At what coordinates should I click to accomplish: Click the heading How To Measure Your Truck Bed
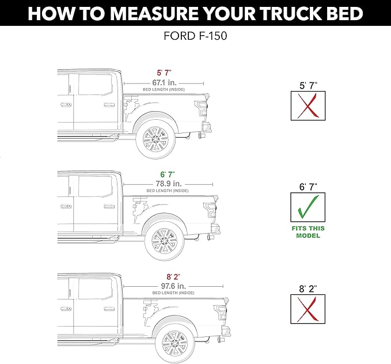(195, 13)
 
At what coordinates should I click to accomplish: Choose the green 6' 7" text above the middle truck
(167, 173)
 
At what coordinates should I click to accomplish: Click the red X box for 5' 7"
(308, 105)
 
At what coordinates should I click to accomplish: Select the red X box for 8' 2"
(308, 310)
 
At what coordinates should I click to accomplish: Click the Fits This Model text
(308, 232)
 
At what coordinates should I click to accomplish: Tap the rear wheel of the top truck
(156, 138)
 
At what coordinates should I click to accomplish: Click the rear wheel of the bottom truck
(174, 343)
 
